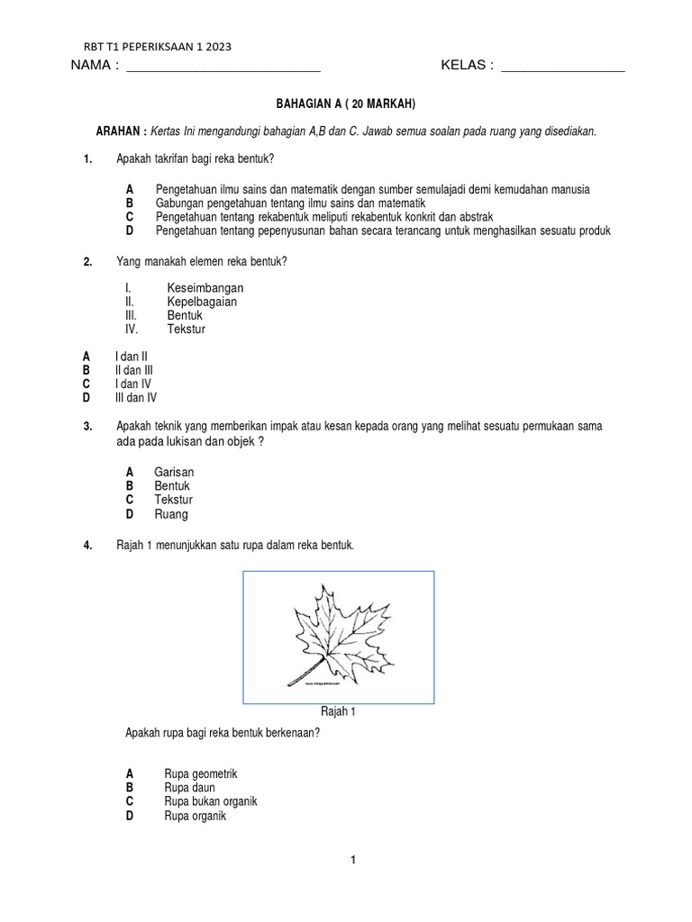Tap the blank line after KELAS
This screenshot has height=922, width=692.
562,68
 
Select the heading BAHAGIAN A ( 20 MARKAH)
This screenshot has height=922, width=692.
345,104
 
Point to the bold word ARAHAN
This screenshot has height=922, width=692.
122,131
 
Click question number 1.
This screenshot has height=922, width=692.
87,159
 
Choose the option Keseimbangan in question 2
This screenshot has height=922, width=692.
205,288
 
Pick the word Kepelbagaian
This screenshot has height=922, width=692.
202,302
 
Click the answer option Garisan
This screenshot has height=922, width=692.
174,472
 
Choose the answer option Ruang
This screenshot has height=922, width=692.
171,514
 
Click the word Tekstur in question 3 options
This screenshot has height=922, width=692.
173,500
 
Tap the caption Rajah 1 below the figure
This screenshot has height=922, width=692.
340,712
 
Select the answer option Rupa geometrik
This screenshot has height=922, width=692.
201,773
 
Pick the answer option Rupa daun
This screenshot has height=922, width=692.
189,788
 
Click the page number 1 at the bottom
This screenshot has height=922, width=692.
353,861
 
